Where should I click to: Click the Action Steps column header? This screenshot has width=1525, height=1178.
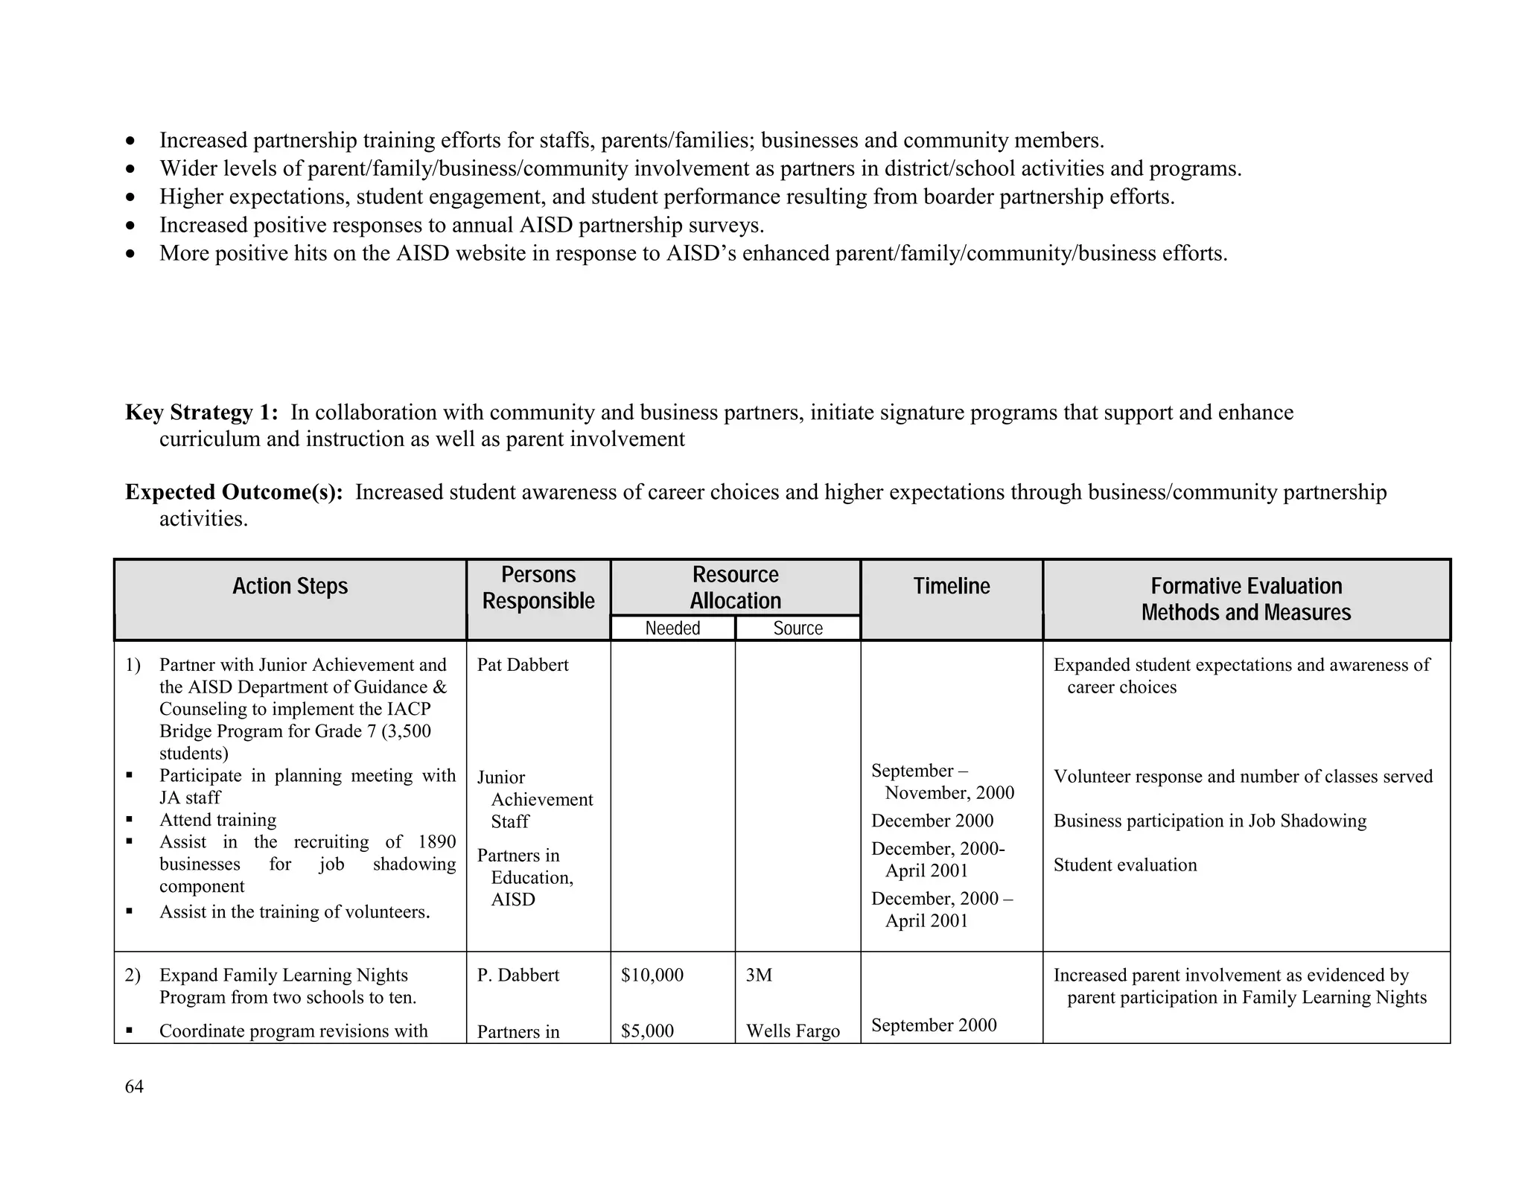[x=290, y=587]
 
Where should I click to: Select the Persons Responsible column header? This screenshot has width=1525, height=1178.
[x=538, y=588]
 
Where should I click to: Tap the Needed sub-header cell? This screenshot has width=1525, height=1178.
[x=672, y=628]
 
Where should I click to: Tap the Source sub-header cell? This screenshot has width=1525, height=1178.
[x=797, y=628]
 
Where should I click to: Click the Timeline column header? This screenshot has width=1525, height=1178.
[x=951, y=587]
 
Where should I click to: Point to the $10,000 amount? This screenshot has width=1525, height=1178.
[x=652, y=975]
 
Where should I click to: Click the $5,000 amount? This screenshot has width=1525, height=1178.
[x=647, y=1031]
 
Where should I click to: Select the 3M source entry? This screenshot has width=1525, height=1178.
[x=759, y=975]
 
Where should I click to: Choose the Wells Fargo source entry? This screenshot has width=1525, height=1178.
[x=792, y=1031]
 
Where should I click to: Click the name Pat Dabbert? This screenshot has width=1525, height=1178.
[x=522, y=665]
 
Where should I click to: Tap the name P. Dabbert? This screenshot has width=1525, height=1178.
[x=518, y=975]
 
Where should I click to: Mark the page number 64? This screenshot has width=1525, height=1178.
[x=134, y=1087]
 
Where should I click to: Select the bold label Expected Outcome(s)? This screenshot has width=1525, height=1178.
[x=234, y=492]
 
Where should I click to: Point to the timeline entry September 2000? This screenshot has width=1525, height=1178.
[x=933, y=1025]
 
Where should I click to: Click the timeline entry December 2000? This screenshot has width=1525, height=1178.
[x=932, y=821]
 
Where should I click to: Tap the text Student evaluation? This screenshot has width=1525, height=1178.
[x=1124, y=865]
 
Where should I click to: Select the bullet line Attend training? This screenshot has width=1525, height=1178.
[x=217, y=821]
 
